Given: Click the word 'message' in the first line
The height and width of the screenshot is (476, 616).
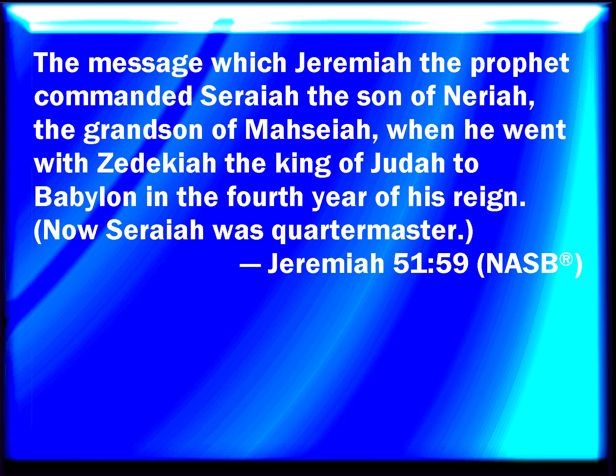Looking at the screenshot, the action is pos(146,65).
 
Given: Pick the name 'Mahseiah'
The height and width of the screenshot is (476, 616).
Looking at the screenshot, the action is pos(308,130).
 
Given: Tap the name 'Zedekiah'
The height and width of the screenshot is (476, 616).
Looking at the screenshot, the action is pos(157,164).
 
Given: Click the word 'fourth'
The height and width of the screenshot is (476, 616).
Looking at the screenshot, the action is pos(265,197).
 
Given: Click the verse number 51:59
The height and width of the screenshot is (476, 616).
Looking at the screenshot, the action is pos(430,264).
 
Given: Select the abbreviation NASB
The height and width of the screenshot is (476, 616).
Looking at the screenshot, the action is pos(522,264).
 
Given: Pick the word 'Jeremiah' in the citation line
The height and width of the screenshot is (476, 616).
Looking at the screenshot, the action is pos(326,264).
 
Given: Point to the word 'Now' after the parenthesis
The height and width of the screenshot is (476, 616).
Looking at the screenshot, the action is pos(70,230).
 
